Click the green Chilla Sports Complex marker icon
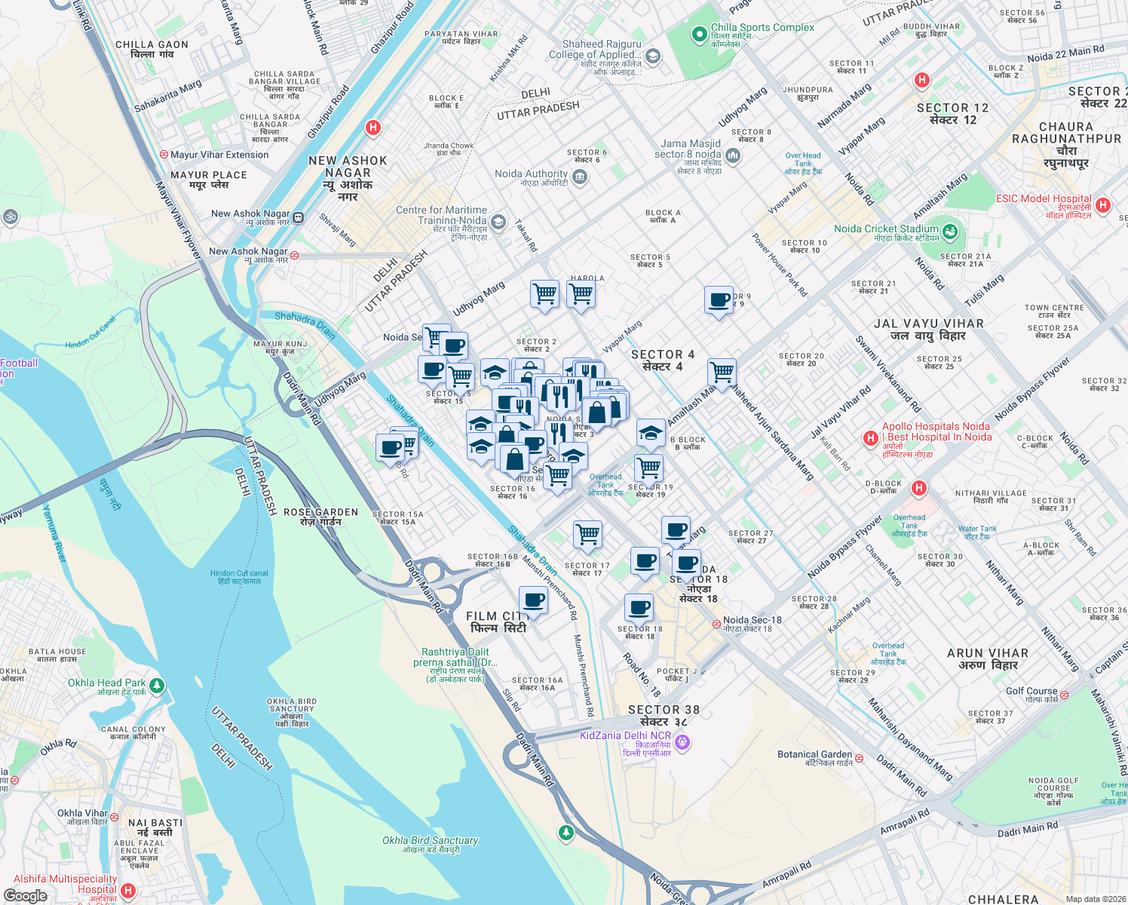pyautogui.click(x=699, y=34)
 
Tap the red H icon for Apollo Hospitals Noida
pyautogui.click(x=871, y=438)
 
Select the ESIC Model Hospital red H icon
pyautogui.click(x=1103, y=205)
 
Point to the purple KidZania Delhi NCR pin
pyautogui.click(x=682, y=743)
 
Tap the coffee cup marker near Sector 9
pyautogui.click(x=719, y=300)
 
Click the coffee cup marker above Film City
pyautogui.click(x=534, y=601)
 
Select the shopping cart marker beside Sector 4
pyautogui.click(x=722, y=372)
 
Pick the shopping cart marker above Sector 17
pyautogui.click(x=587, y=535)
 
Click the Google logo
pyautogui.click(x=25, y=896)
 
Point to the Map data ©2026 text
pyautogui.click(x=1096, y=899)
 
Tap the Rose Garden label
pyautogui.click(x=320, y=517)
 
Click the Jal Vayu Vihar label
pyautogui.click(x=928, y=329)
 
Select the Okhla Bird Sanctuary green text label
pyautogui.click(x=430, y=844)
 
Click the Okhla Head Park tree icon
pyautogui.click(x=157, y=686)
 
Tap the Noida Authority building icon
pyautogui.click(x=580, y=177)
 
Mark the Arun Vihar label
pyautogui.click(x=988, y=658)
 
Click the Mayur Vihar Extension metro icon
pyautogui.click(x=164, y=155)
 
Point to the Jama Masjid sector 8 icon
pyautogui.click(x=733, y=156)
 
